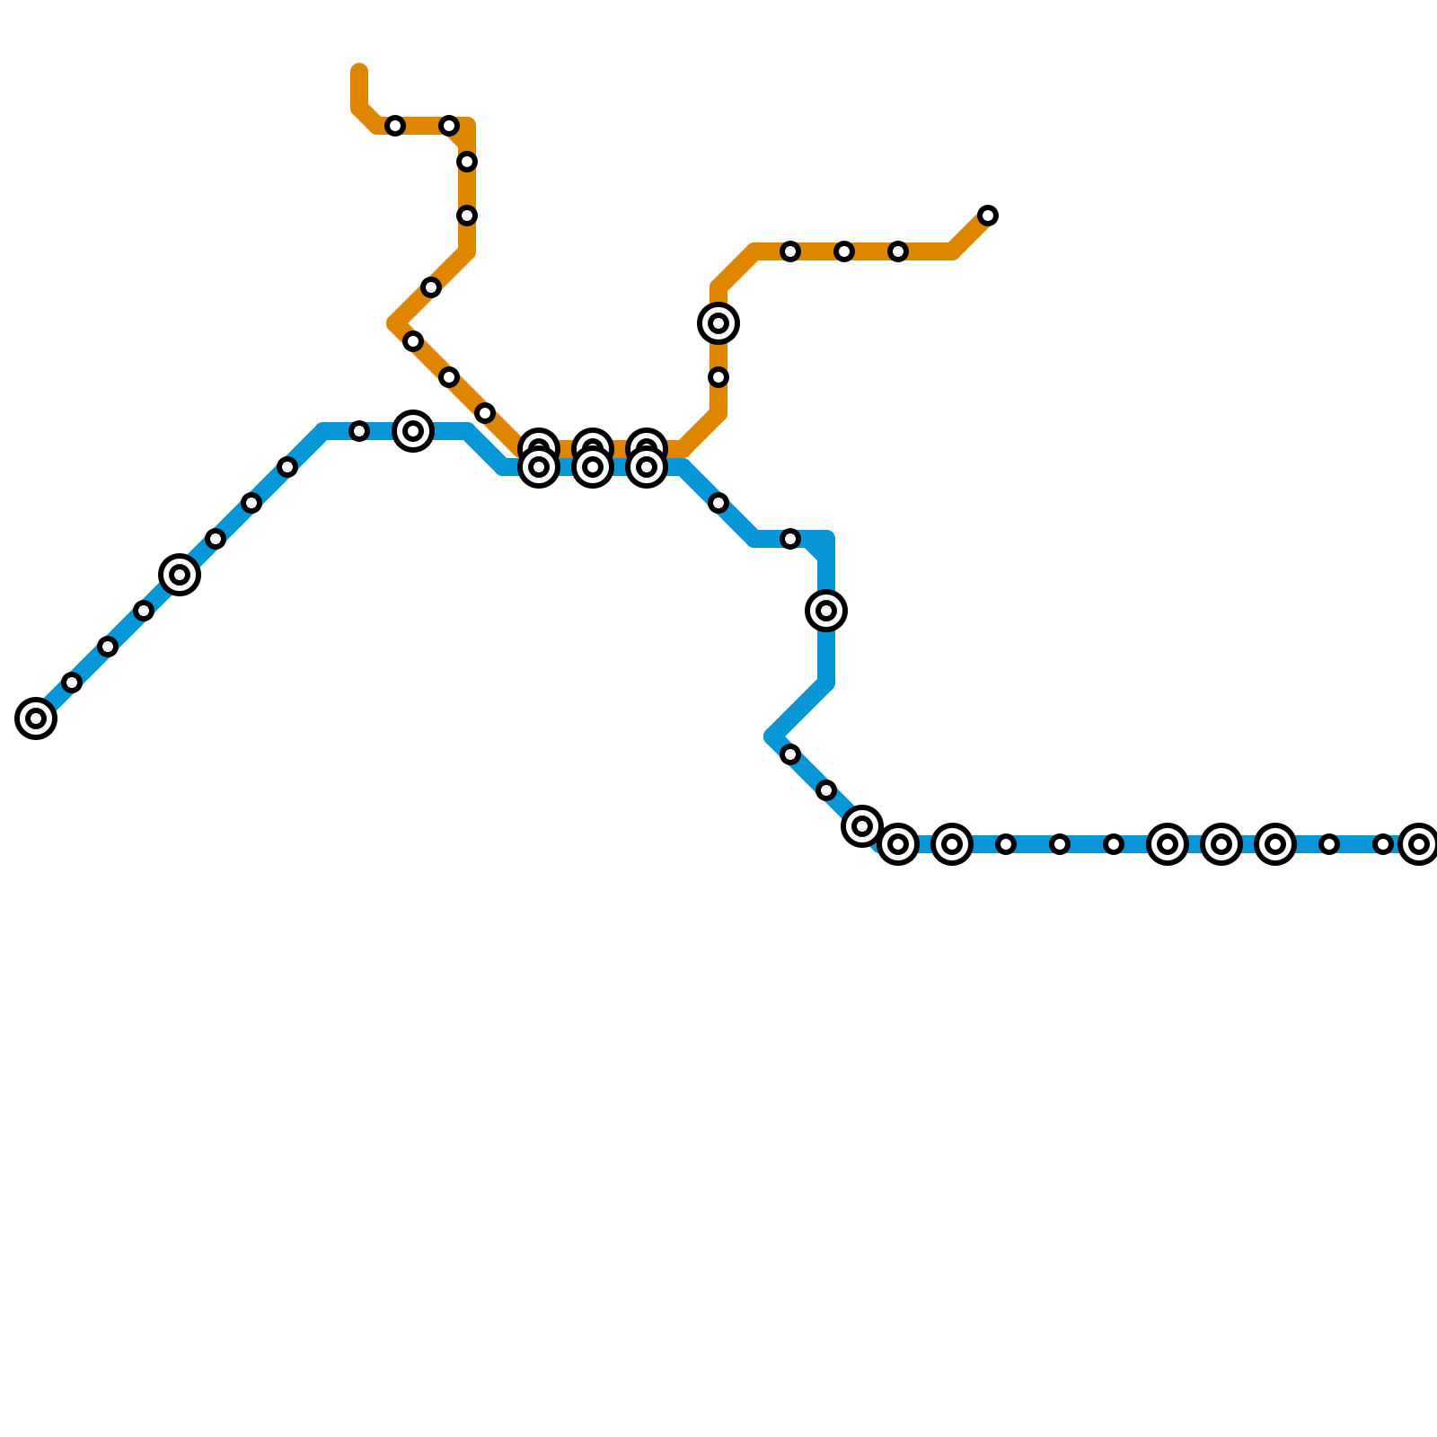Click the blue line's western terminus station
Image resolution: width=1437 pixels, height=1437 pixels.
(36, 718)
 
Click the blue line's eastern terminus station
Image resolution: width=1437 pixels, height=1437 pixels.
(1419, 844)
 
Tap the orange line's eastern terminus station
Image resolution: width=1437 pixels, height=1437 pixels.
(988, 216)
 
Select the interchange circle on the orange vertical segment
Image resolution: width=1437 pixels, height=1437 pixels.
(718, 323)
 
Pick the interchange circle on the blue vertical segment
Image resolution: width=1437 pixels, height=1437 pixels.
(826, 611)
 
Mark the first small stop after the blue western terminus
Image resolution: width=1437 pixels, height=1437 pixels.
(72, 683)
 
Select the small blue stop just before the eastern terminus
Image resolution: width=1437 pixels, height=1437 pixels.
(1383, 844)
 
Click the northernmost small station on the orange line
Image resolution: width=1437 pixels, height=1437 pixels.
(395, 126)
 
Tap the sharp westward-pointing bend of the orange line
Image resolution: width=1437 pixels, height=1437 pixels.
(395, 323)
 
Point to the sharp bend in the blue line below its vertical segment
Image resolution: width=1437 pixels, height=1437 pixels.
(772, 736)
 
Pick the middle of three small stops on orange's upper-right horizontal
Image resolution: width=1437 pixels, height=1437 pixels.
(844, 251)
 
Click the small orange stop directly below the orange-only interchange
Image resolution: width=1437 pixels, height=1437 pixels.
(718, 377)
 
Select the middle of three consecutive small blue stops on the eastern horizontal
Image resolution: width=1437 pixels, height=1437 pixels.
(1060, 844)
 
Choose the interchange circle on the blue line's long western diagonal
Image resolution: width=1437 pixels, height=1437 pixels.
(180, 575)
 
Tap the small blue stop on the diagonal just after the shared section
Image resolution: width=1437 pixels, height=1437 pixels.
(718, 503)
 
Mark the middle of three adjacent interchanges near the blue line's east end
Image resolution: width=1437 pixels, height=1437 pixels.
(1221, 844)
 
